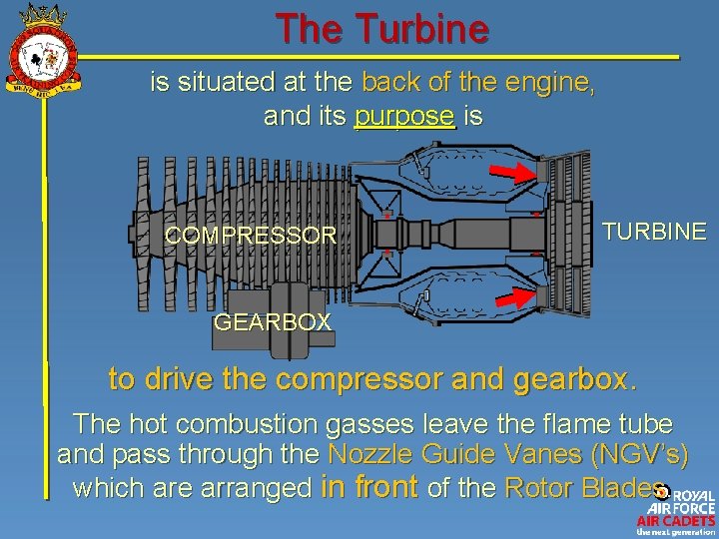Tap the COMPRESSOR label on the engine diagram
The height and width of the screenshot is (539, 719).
pyautogui.click(x=251, y=236)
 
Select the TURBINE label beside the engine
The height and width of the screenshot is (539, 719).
pyautogui.click(x=654, y=232)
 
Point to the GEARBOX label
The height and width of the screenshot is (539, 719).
pyautogui.click(x=273, y=321)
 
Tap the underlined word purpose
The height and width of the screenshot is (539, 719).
pyautogui.click(x=404, y=117)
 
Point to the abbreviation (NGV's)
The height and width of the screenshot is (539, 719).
pyautogui.click(x=639, y=455)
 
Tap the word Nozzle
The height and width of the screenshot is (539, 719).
pyautogui.click(x=372, y=455)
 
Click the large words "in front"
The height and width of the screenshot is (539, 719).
pyautogui.click(x=369, y=487)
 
